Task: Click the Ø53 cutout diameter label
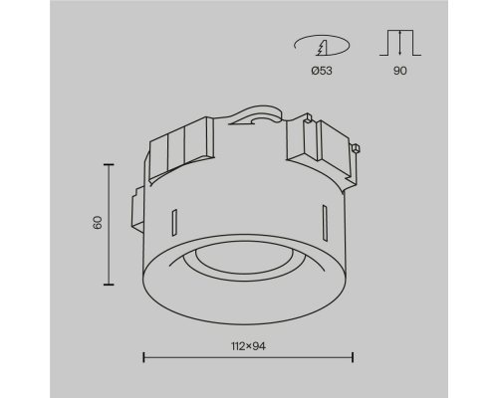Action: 322,71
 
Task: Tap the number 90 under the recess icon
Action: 400,71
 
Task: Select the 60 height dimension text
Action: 98,223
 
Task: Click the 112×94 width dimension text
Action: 248,346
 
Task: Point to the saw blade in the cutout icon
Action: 323,48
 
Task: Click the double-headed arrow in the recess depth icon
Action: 400,43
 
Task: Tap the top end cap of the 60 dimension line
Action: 109,164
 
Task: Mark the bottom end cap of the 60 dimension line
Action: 109,285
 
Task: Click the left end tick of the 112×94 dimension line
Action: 143,357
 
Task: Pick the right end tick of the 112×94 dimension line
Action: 353,357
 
